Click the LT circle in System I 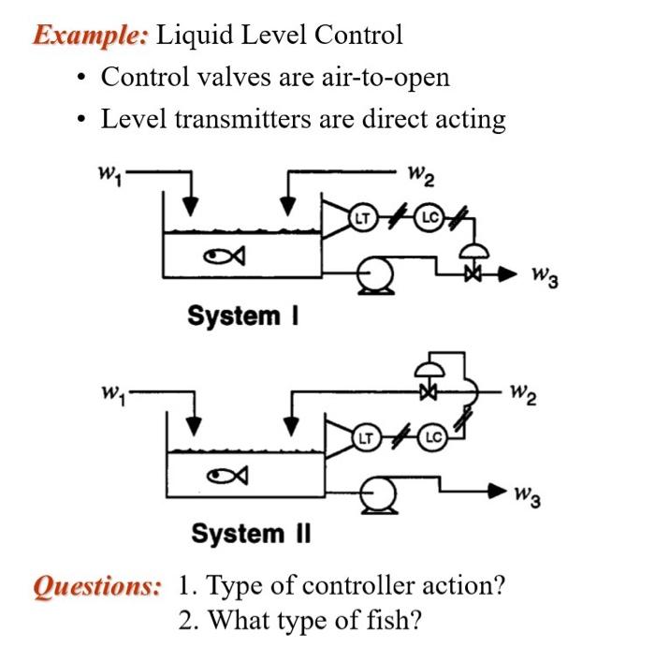pyautogui.click(x=362, y=217)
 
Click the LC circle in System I pyautogui.click(x=430, y=217)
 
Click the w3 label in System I pyautogui.click(x=545, y=277)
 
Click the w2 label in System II pyautogui.click(x=525, y=396)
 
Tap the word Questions pyautogui.click(x=96, y=587)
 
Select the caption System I pyautogui.click(x=240, y=316)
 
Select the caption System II pyautogui.click(x=251, y=534)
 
